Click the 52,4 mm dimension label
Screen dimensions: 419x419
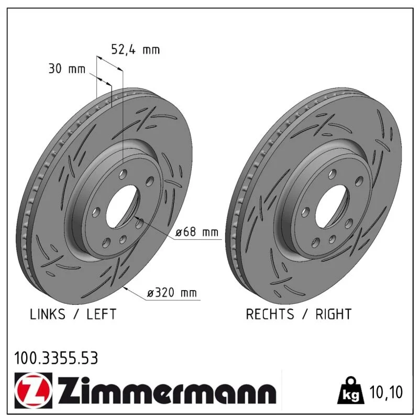[135, 50]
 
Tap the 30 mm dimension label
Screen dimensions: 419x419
[67, 69]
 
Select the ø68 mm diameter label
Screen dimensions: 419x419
[197, 232]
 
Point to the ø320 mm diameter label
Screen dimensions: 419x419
[172, 293]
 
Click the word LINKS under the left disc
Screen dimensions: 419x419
[47, 314]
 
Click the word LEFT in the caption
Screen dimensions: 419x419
[101, 314]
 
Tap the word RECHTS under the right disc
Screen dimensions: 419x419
[270, 314]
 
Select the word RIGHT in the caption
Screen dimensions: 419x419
[333, 314]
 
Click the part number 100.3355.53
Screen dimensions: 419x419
[56, 358]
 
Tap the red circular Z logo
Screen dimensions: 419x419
[34, 390]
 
